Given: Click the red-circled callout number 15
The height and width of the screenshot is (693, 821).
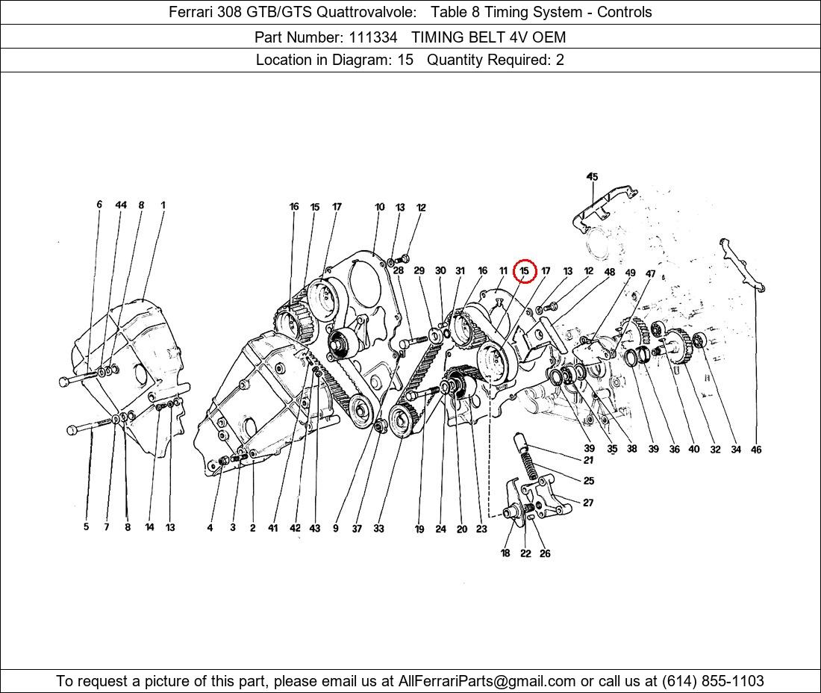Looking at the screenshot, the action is click(525, 271).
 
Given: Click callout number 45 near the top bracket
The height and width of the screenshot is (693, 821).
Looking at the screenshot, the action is click(592, 176).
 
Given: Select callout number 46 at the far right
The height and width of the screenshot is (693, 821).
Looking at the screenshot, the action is click(756, 449).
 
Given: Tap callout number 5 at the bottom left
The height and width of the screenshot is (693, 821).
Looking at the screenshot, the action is click(87, 526).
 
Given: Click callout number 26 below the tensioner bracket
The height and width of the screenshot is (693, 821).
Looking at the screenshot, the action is click(545, 553).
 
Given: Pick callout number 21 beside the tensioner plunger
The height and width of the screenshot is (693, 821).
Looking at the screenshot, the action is click(589, 460).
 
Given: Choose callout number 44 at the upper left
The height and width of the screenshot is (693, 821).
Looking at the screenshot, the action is click(121, 205).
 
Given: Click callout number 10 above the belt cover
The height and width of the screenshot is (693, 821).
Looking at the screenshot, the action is click(380, 207).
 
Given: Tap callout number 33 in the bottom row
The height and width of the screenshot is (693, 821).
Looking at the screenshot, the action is click(378, 528).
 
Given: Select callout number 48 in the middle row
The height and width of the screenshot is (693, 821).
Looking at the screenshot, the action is click(610, 272).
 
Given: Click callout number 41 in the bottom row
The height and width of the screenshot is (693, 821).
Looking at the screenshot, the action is click(272, 528).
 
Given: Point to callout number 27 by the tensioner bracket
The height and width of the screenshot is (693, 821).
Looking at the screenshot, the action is click(589, 503).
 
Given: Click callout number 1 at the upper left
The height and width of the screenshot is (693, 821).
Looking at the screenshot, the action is click(163, 205).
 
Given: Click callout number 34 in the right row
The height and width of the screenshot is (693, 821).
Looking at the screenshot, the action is click(736, 449).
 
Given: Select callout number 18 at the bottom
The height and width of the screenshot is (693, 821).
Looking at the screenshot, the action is click(505, 553).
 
